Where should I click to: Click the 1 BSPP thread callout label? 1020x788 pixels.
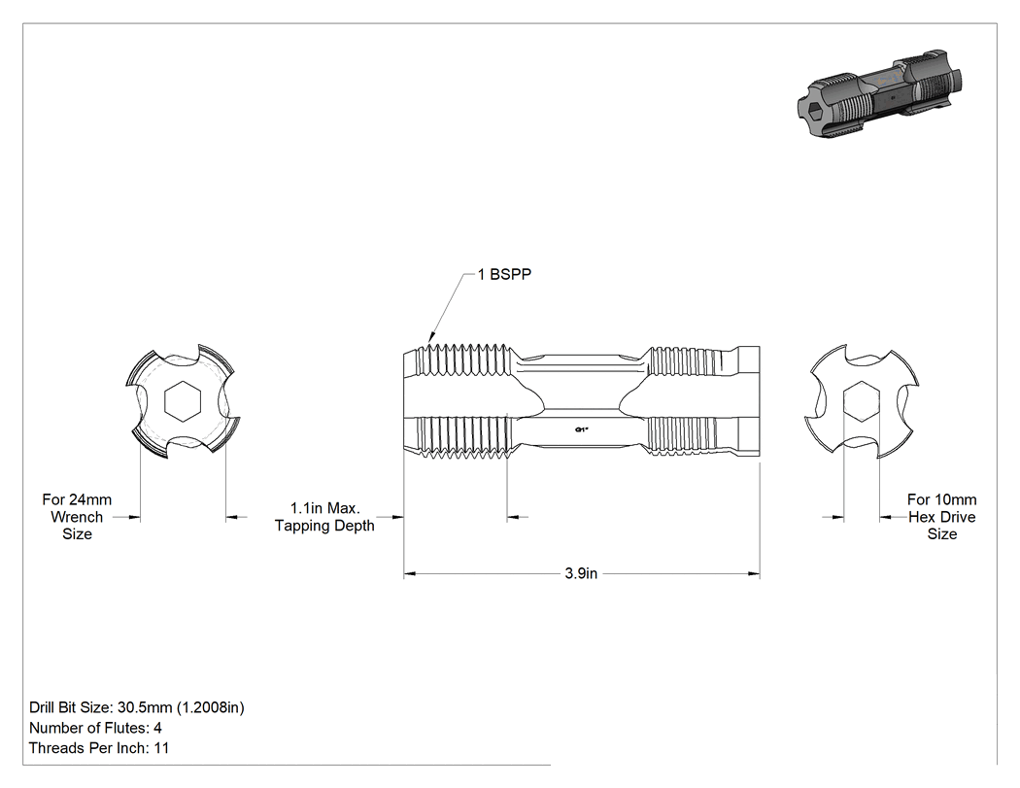click(504, 275)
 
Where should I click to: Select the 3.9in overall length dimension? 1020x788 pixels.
click(581, 573)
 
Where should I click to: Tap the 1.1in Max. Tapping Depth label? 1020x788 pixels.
click(324, 517)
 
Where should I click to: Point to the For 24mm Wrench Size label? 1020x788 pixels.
click(77, 517)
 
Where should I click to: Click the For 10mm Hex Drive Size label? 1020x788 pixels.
click(942, 517)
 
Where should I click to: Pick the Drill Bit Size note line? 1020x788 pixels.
click(137, 707)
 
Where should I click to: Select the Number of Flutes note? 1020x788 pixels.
click(95, 728)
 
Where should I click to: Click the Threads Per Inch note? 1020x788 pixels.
click(99, 747)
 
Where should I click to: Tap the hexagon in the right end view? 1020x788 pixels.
click(862, 401)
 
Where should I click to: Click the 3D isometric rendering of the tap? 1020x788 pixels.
click(879, 93)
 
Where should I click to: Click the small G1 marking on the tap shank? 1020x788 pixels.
click(582, 429)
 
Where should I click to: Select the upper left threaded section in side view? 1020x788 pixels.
click(461, 360)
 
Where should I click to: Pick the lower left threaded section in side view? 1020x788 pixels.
click(461, 436)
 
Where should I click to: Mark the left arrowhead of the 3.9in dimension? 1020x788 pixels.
click(409, 574)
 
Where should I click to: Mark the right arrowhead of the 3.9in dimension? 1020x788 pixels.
click(754, 574)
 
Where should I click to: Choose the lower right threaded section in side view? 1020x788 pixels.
click(686, 434)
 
